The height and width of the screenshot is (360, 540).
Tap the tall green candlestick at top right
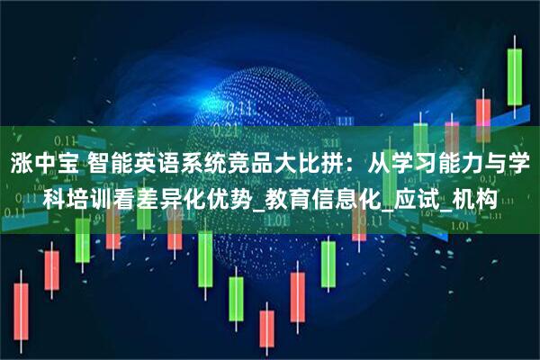515,76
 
